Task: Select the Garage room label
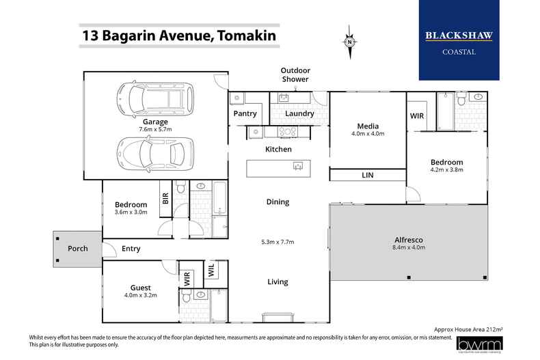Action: [x=156, y=122]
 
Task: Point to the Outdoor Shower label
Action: [x=297, y=74]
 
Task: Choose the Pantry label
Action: [x=244, y=113]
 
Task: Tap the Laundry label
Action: [x=299, y=113]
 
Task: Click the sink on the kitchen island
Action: [x=299, y=165]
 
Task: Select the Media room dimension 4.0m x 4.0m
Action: [x=368, y=134]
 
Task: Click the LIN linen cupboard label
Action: [x=367, y=176]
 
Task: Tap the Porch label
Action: [x=77, y=249]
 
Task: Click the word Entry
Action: [x=131, y=249]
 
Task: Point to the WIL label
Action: [x=211, y=271]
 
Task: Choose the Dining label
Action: [x=278, y=202]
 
